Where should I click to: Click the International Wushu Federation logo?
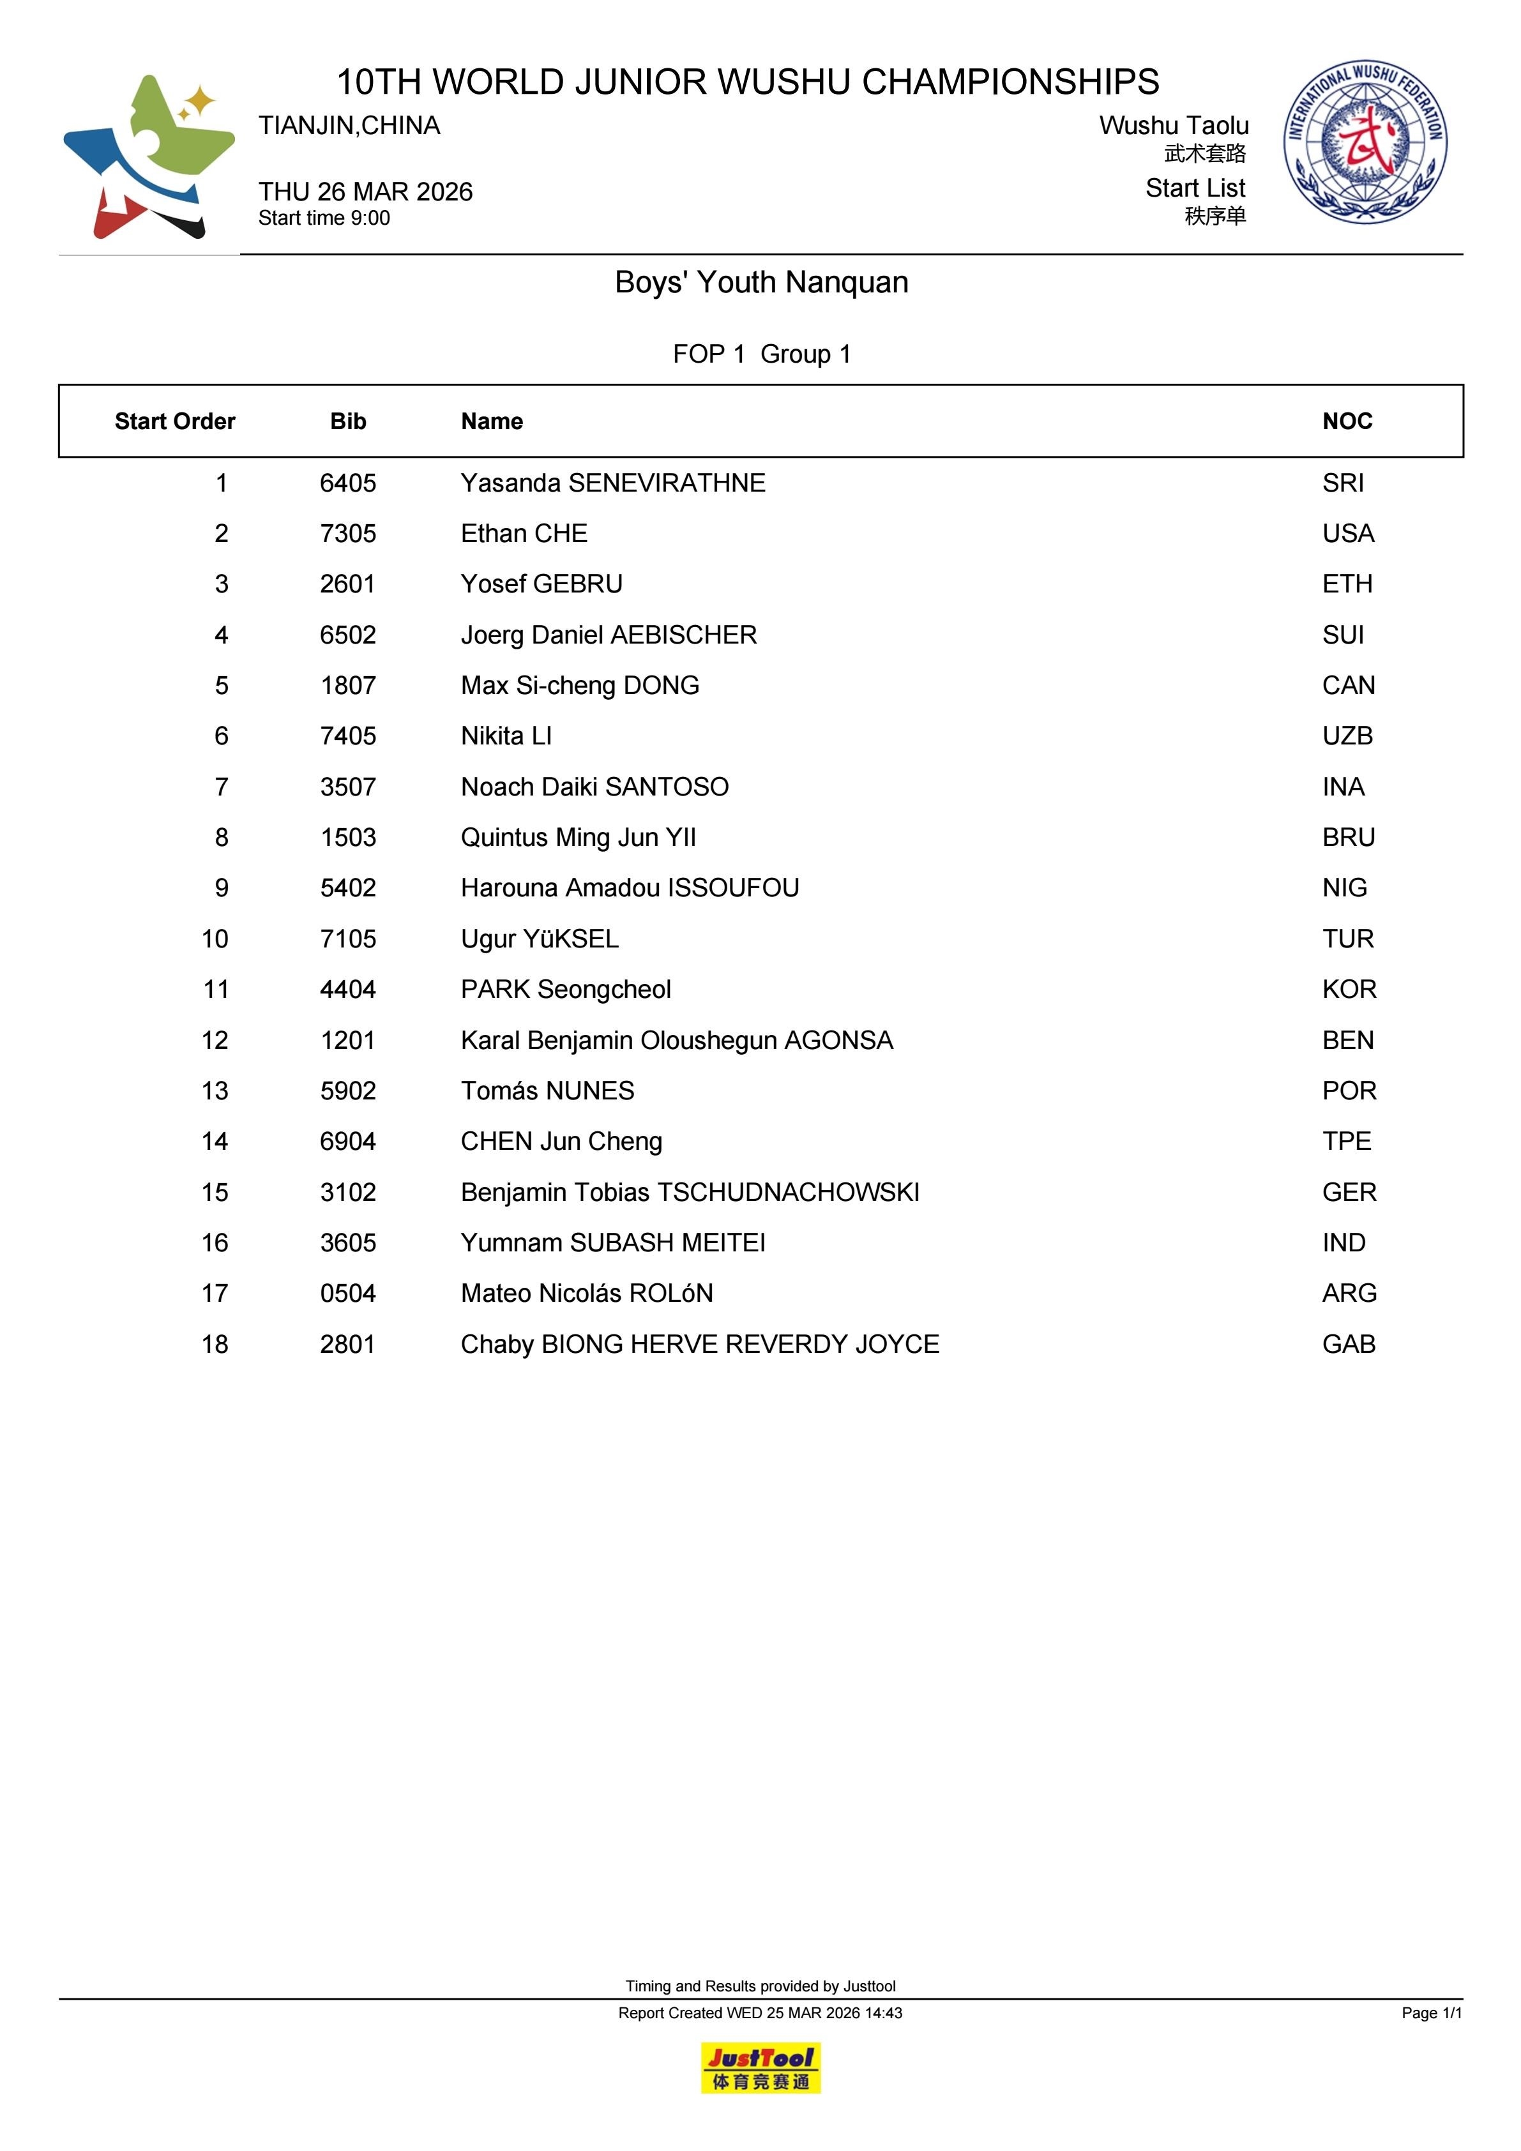coord(1365,142)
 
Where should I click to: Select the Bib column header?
coord(347,421)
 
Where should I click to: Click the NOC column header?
coord(1347,421)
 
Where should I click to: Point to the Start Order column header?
coord(174,421)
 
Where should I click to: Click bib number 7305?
coord(347,534)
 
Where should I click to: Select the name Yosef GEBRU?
coord(541,585)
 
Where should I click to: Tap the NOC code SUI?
coord(1343,635)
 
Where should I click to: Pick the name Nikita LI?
coord(506,736)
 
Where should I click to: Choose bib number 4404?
coord(347,990)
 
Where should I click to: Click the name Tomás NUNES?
coord(547,1091)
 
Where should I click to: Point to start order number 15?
coord(215,1193)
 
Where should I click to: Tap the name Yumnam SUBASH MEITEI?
coord(613,1243)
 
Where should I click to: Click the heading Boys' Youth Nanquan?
coord(761,282)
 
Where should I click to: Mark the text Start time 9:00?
coord(324,218)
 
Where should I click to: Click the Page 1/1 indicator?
coord(1431,2012)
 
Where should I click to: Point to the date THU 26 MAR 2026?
coord(365,192)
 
